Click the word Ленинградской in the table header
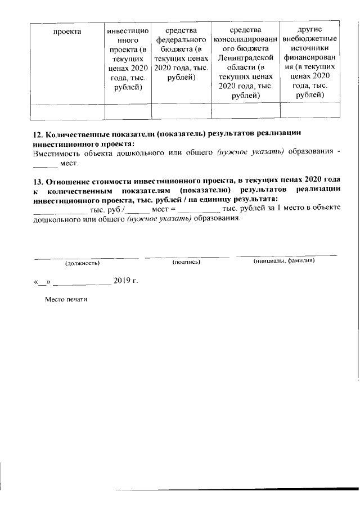coord(245,58)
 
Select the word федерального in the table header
coord(181,39)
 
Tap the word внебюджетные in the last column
coord(309,39)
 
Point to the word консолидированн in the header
coord(245,39)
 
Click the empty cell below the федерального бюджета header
coord(181,112)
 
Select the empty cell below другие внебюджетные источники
coord(309,112)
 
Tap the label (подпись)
coord(187,262)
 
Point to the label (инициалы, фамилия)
coord(283,261)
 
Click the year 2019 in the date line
coord(121,280)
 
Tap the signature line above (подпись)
coord(187,256)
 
